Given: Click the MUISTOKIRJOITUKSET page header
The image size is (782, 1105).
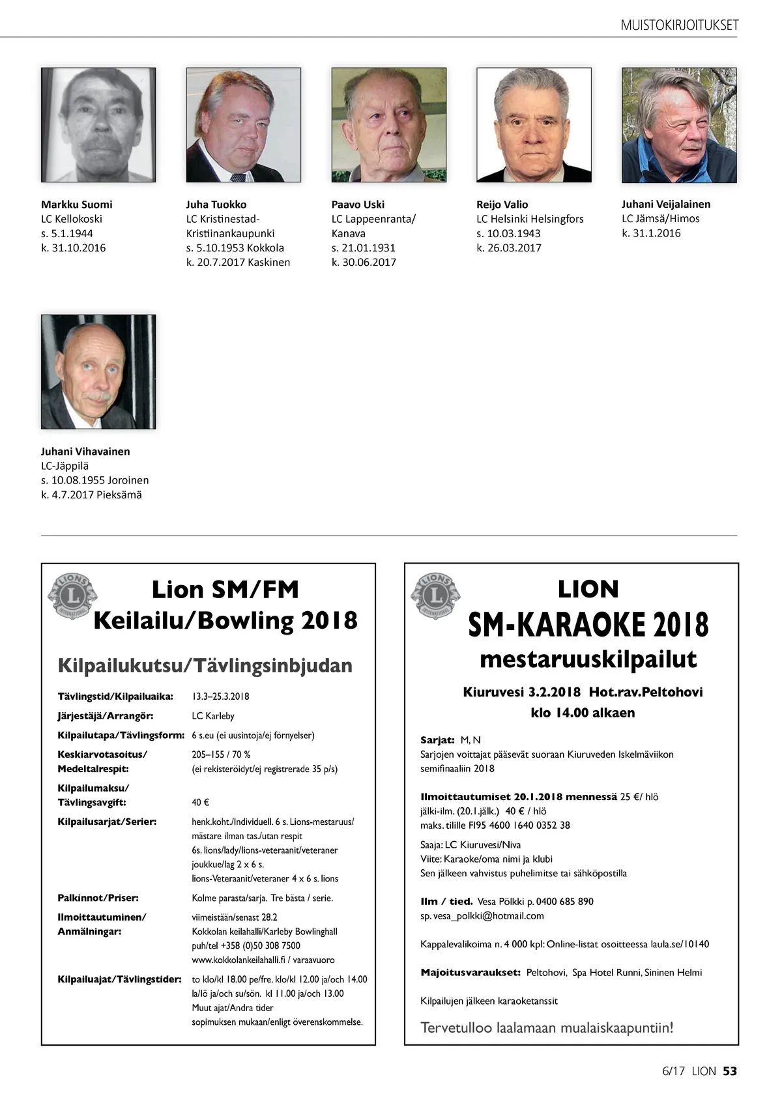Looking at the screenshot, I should click(x=679, y=25).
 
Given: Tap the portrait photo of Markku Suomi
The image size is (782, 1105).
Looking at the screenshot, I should click(x=98, y=124).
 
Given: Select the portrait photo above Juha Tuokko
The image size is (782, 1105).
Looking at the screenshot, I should click(x=243, y=124).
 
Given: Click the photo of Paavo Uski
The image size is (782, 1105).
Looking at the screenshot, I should click(x=388, y=124).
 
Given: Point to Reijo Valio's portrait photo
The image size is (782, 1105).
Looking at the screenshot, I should click(x=534, y=124).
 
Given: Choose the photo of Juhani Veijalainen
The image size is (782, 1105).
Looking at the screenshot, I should click(x=679, y=124).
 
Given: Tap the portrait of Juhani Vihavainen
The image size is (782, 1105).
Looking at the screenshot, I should click(x=98, y=371).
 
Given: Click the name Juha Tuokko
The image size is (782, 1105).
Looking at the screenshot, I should click(x=216, y=205).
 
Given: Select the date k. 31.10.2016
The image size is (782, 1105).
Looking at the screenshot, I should click(x=74, y=248).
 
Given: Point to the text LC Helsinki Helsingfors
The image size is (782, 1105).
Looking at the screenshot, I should click(x=530, y=219).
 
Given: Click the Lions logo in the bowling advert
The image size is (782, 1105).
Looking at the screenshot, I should click(x=72, y=596).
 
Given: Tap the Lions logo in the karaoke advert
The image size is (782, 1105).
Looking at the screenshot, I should click(x=435, y=596).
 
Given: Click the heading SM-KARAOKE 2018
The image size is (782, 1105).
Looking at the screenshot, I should click(x=588, y=625).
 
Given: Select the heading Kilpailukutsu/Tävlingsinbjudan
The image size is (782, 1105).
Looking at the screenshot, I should click(x=205, y=665).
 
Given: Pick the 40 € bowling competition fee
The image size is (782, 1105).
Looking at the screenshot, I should click(x=201, y=803).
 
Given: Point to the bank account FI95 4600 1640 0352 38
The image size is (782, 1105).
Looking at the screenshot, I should click(x=519, y=825).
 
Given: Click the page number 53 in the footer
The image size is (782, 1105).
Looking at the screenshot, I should click(x=730, y=1071).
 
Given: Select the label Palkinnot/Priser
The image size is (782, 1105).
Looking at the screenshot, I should click(x=98, y=898).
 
